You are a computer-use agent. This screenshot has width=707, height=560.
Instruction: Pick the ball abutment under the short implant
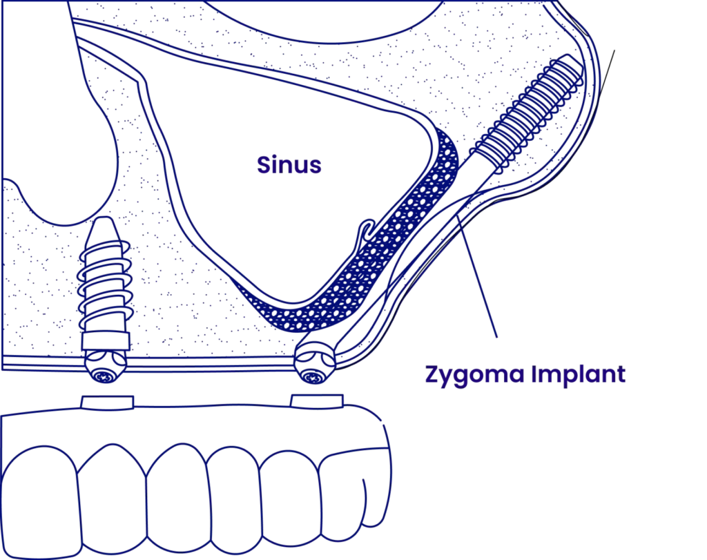click(x=103, y=374)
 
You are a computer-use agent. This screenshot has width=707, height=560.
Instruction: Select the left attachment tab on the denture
click(x=106, y=402)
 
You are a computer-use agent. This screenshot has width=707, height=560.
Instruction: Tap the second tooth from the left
click(x=110, y=490)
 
